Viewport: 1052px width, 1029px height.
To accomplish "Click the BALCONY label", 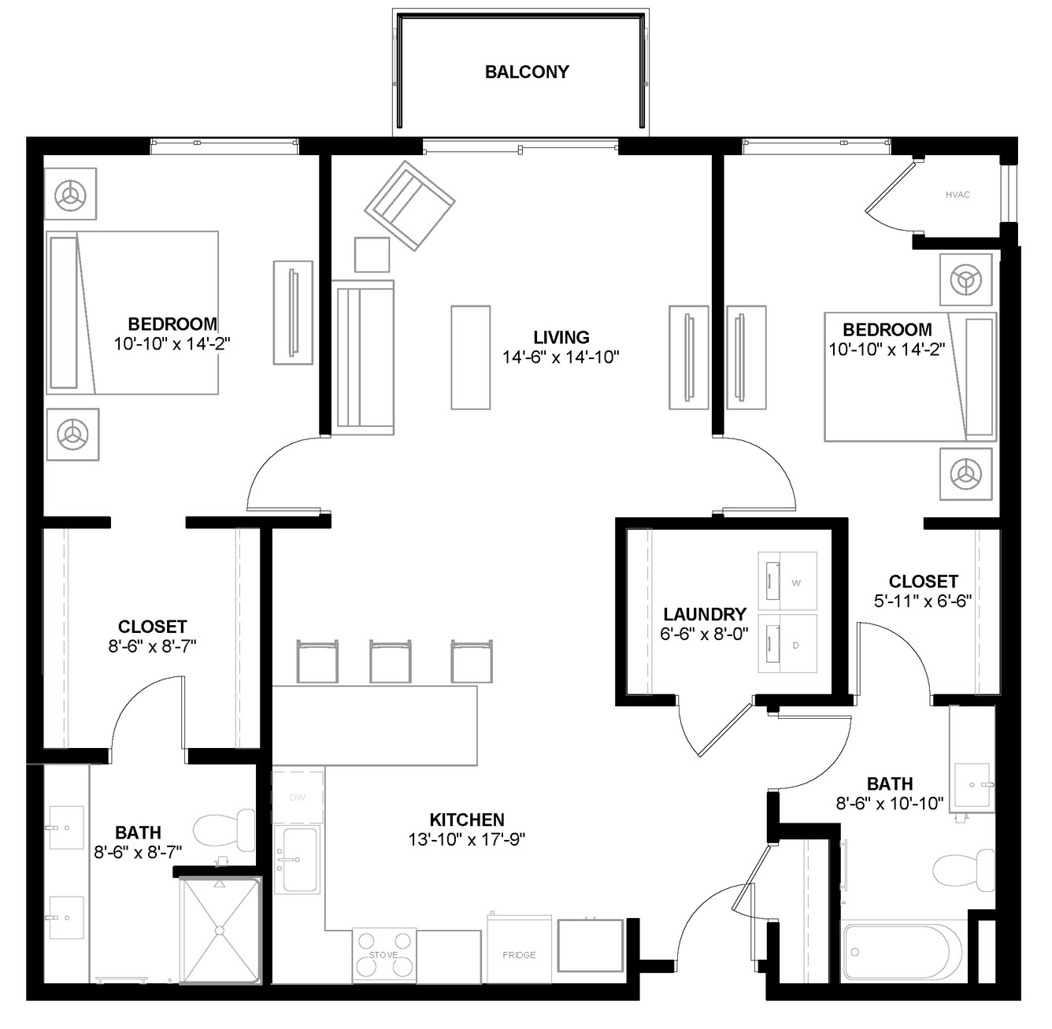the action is pos(527,72).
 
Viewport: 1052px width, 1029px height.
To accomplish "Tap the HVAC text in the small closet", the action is pos(958,195).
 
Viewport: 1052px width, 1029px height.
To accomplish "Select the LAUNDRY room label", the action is pos(705,614).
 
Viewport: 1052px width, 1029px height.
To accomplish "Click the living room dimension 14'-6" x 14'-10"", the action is pos(561,357).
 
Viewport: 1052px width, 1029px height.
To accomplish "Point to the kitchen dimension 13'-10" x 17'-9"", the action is pos(466,839).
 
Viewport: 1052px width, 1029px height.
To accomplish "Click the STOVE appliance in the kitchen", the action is pos(383,956).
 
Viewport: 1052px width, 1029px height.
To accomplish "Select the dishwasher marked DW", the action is pos(298,798).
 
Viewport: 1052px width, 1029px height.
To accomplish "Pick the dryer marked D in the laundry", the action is pos(787,644).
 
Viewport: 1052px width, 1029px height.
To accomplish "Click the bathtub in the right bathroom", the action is pos(901,953).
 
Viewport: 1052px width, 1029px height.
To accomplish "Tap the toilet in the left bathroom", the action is pos(224,831).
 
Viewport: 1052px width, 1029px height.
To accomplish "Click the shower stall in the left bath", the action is pos(220,930).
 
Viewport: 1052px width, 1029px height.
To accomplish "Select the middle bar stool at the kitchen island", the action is pos(390,661).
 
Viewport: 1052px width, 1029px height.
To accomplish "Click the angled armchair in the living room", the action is pos(409,206).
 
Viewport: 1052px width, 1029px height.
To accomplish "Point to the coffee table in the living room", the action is pos(471,357).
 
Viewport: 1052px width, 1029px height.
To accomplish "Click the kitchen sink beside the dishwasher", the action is pos(297,859).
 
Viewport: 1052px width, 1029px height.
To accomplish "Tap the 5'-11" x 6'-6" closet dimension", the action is pos(923,601).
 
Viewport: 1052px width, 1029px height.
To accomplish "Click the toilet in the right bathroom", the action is pos(964,871).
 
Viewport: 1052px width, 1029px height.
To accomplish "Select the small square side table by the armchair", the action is pos(372,254).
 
